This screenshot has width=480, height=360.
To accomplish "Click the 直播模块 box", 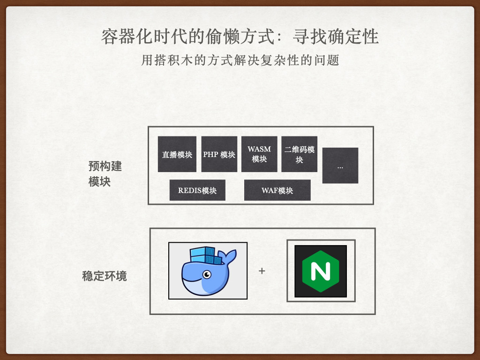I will point(177,154).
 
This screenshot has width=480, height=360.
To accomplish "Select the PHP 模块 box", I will point(219,154).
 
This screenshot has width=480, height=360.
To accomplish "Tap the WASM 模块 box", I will point(259,154).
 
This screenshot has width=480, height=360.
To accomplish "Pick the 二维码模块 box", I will point(299,154).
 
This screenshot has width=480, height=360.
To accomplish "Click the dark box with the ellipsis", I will point(340,165).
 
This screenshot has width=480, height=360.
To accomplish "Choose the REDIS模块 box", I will point(197,190).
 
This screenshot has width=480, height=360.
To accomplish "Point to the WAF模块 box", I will point(277,190).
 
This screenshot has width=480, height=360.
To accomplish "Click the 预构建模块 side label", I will point(105,174).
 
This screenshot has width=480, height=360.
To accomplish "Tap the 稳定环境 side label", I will point(104,276).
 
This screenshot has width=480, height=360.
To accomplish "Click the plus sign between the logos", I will point(262,271).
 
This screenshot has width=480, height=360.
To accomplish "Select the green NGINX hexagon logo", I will point(321,271).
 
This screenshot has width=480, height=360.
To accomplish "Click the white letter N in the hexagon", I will point(321,271).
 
